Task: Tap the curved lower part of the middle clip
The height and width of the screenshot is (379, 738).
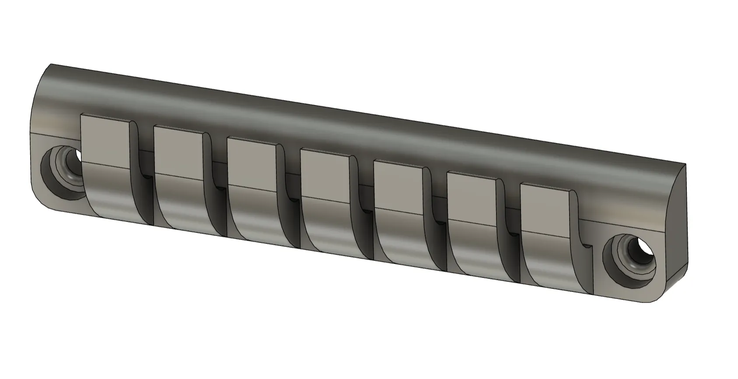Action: (x=330, y=223)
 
